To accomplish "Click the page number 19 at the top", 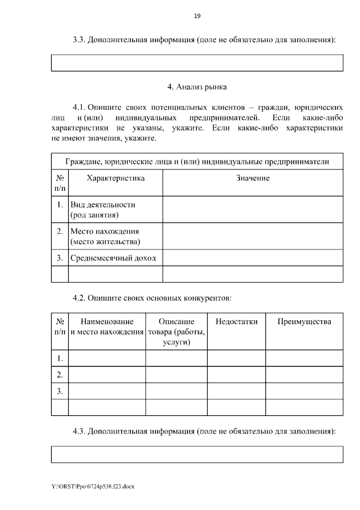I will [x=197, y=16].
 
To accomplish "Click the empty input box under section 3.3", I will [x=197, y=62].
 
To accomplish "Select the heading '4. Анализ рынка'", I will [x=197, y=87].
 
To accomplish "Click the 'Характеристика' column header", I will [x=115, y=178].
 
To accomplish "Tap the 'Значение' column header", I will [x=253, y=178].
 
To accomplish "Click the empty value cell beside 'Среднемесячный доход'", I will [x=253, y=258].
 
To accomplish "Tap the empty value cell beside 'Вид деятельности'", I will [x=253, y=209].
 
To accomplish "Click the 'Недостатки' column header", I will [x=236, y=321].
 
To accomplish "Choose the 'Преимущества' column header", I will [x=304, y=321].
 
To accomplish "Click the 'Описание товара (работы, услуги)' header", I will [x=177, y=331].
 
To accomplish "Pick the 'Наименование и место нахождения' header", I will [x=107, y=326].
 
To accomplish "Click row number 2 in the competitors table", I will [x=60, y=374].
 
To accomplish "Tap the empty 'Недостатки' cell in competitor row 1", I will [x=236, y=358].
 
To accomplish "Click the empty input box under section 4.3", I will [x=197, y=454].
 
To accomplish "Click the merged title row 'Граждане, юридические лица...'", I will [x=197, y=162].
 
